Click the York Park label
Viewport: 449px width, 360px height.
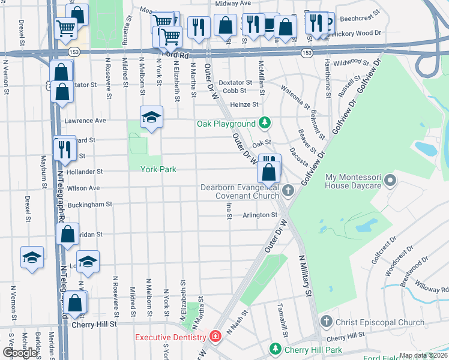click(x=158, y=169)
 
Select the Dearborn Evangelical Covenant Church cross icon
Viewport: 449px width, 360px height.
click(x=288, y=191)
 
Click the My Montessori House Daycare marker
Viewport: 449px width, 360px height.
click(x=391, y=180)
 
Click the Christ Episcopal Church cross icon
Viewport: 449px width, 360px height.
click(x=327, y=322)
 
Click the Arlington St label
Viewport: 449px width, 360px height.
click(x=260, y=215)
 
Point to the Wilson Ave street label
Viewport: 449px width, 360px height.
click(x=83, y=188)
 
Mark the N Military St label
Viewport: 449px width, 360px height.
click(x=307, y=275)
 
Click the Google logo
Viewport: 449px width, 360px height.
click(x=20, y=353)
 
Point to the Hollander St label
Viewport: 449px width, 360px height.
click(x=84, y=172)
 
